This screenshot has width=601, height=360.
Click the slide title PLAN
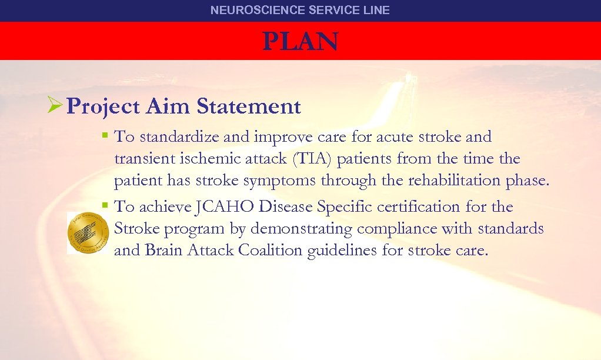click(300, 42)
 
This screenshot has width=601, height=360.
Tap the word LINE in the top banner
click(377, 10)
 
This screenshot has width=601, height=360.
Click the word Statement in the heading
click(249, 106)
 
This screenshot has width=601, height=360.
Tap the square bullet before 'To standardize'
click(104, 135)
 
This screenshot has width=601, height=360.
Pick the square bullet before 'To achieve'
click(104, 205)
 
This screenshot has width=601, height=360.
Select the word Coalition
click(270, 251)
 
